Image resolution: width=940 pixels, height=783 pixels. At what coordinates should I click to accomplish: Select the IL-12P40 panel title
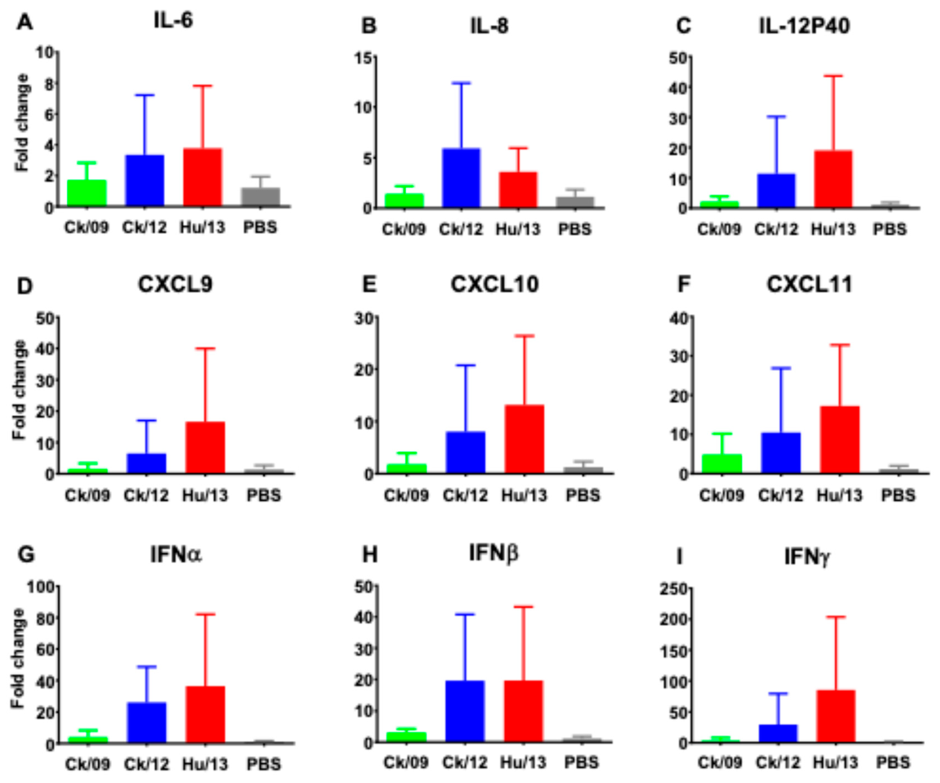(x=804, y=26)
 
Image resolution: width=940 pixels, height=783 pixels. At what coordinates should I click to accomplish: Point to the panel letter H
(x=370, y=555)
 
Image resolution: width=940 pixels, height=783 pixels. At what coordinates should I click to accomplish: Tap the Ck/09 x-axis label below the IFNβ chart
(x=406, y=762)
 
